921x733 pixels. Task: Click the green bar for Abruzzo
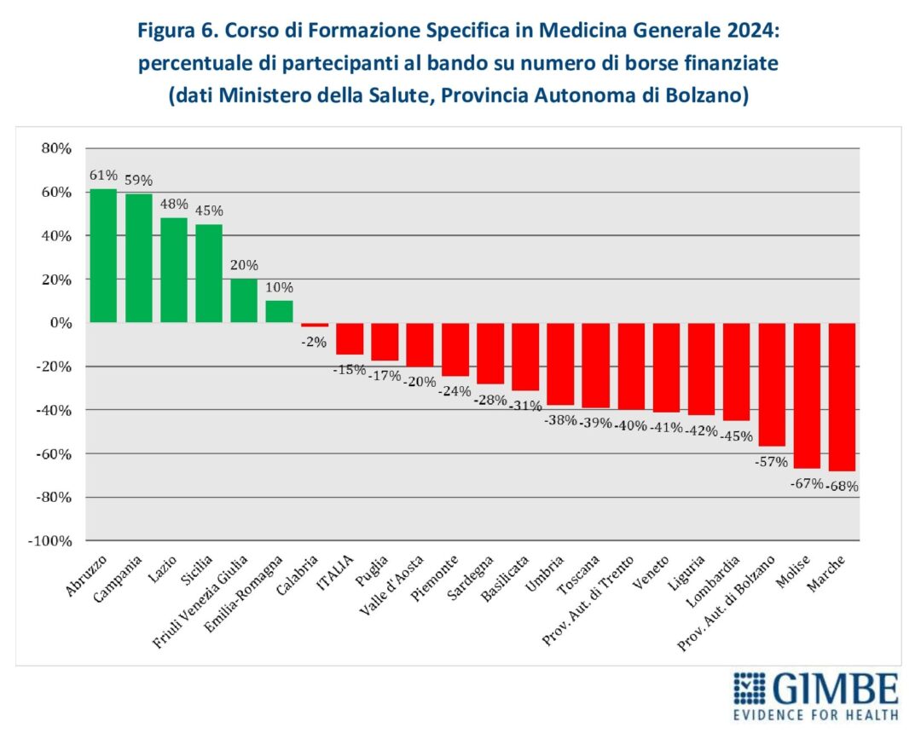103,256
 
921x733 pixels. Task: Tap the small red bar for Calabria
314,325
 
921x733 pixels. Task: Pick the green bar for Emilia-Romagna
279,312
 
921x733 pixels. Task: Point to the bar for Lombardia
736,372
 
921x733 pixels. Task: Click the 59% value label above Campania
139,181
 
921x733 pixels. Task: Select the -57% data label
772,461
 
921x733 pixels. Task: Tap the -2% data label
314,342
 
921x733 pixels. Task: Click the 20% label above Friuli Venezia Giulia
244,264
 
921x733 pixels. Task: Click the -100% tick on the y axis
51,541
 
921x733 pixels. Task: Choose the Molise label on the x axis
796,569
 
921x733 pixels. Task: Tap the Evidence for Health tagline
815,714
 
